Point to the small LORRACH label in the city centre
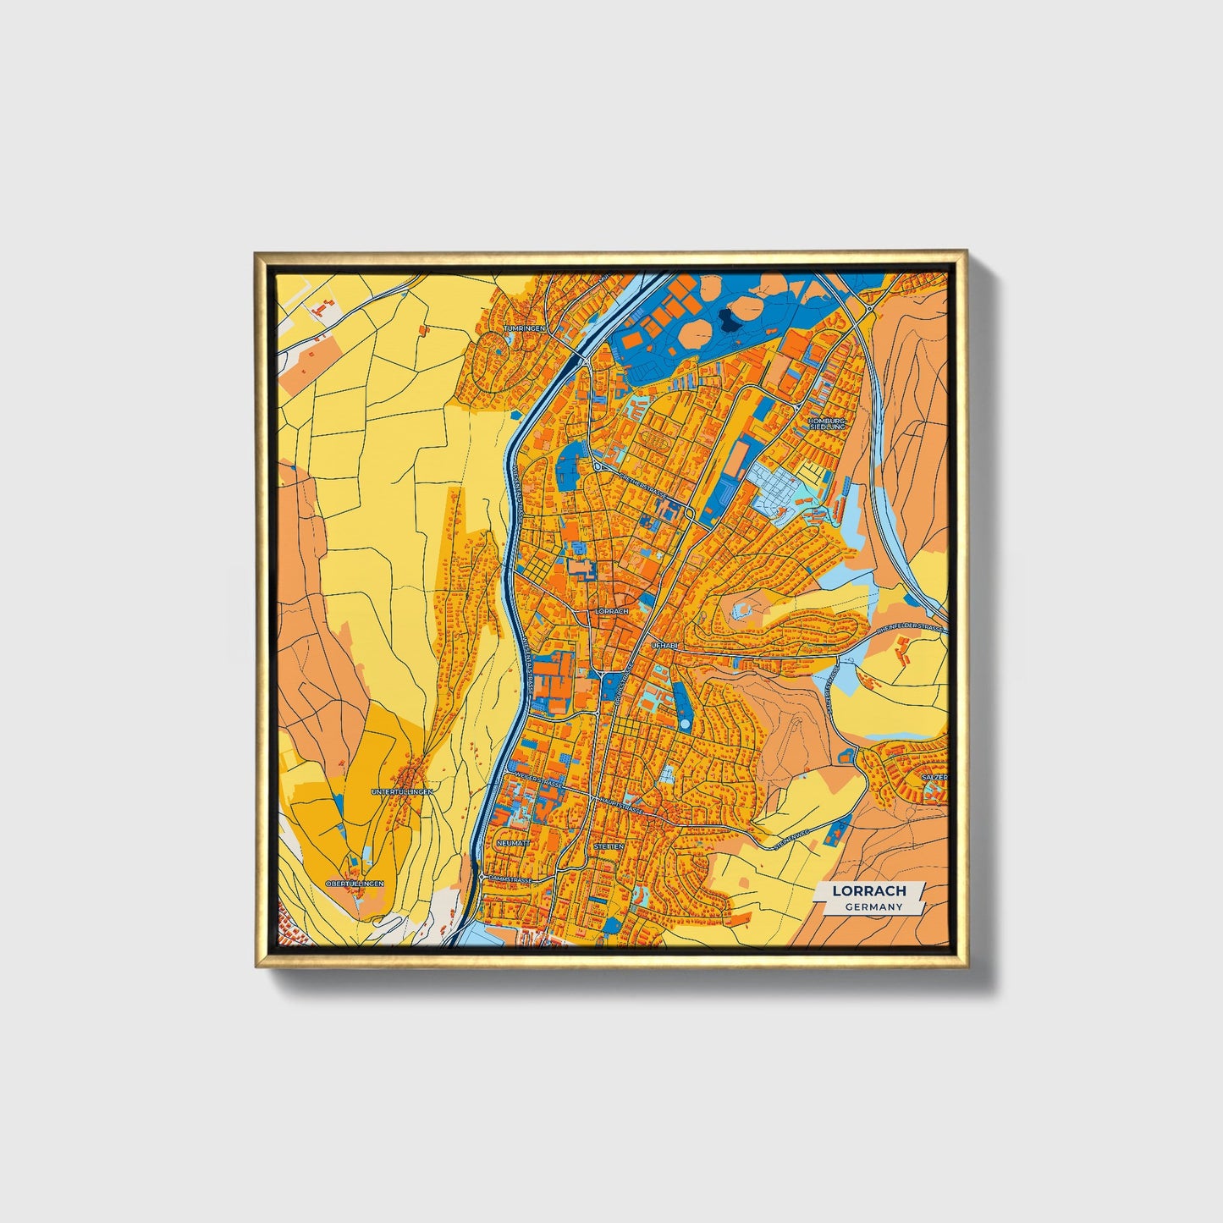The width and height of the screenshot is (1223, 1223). coord(612,610)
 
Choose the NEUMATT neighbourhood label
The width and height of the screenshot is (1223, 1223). coord(514,844)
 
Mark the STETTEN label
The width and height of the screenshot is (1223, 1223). coord(609,846)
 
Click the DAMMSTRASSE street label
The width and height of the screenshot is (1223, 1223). coord(510,879)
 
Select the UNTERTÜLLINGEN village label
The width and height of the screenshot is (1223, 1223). coord(402,791)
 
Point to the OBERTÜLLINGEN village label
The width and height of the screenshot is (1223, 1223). coord(355,883)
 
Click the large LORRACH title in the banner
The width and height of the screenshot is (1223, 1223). coord(869,890)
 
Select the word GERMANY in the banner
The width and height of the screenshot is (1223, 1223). coord(873,906)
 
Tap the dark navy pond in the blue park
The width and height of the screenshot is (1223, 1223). coord(725,318)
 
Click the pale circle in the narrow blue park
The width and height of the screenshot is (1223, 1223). coord(744,608)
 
